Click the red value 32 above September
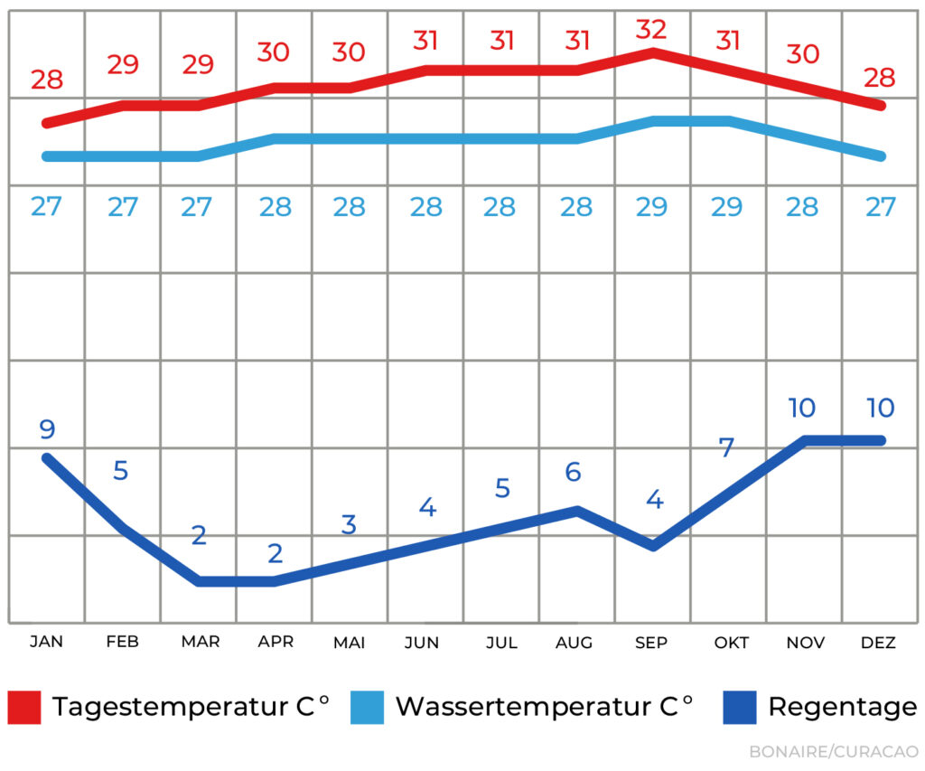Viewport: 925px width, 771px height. pyautogui.click(x=651, y=30)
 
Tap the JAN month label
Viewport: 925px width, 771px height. pyautogui.click(x=46, y=642)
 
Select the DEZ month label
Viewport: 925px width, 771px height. pyautogui.click(x=878, y=643)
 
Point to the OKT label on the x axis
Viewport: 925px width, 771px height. pyautogui.click(x=731, y=643)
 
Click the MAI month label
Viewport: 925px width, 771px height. pyautogui.click(x=350, y=643)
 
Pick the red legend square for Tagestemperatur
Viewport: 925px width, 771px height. pyautogui.click(x=24, y=707)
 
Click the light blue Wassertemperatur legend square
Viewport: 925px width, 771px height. pyautogui.click(x=368, y=707)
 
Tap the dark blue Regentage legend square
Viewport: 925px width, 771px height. pyautogui.click(x=740, y=707)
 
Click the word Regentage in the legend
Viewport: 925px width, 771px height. pyautogui.click(x=842, y=707)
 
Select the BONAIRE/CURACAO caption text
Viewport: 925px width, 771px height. pyautogui.click(x=833, y=751)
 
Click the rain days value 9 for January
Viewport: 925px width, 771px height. pyautogui.click(x=47, y=428)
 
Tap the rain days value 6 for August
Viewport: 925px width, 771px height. pyautogui.click(x=574, y=471)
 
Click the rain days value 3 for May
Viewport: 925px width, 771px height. pyautogui.click(x=350, y=524)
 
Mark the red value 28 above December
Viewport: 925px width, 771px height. pyautogui.click(x=878, y=78)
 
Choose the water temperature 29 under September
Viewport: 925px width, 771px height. pyautogui.click(x=651, y=207)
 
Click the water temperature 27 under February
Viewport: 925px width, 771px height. pyautogui.click(x=123, y=207)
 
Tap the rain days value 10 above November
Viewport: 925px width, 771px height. pyautogui.click(x=802, y=408)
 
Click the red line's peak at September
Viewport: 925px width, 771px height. pyautogui.click(x=653, y=52)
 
